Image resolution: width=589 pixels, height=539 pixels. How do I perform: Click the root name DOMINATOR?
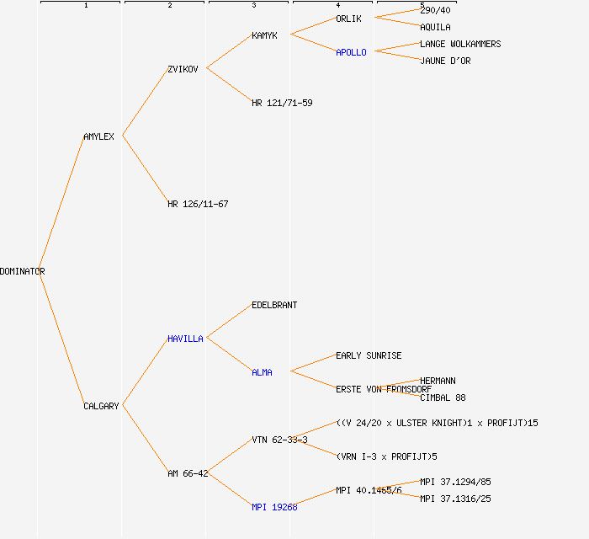point(23,271)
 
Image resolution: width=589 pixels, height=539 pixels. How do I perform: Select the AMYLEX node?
point(98,136)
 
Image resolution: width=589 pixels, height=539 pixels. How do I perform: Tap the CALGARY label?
point(101,406)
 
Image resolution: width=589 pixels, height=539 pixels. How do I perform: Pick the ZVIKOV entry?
point(183,69)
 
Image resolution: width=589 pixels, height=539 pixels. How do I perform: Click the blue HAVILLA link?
point(185,339)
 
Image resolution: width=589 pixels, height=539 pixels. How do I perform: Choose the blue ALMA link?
point(262,372)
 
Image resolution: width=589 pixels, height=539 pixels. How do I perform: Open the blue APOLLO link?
point(351,52)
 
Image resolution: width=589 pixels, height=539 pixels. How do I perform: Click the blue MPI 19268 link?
point(274,507)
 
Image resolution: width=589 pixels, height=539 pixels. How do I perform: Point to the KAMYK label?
point(264,35)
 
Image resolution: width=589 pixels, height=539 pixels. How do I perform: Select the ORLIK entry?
point(348,19)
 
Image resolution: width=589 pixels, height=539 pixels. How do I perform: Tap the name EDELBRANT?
point(274,305)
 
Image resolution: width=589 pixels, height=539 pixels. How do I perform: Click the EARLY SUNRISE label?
point(369,355)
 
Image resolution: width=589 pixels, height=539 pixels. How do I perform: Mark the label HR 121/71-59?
point(282,103)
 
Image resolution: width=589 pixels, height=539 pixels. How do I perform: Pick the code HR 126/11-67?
point(198,204)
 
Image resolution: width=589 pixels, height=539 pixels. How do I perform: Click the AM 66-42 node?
point(188,473)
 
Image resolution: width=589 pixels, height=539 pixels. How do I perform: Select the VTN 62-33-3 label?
point(279,440)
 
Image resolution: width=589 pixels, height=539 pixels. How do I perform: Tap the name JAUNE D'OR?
point(445,61)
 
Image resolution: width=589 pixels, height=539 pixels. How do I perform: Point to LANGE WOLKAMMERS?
point(460,44)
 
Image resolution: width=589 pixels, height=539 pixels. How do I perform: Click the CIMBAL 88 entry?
point(443,398)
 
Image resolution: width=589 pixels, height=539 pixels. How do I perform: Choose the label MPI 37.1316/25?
point(455,499)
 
